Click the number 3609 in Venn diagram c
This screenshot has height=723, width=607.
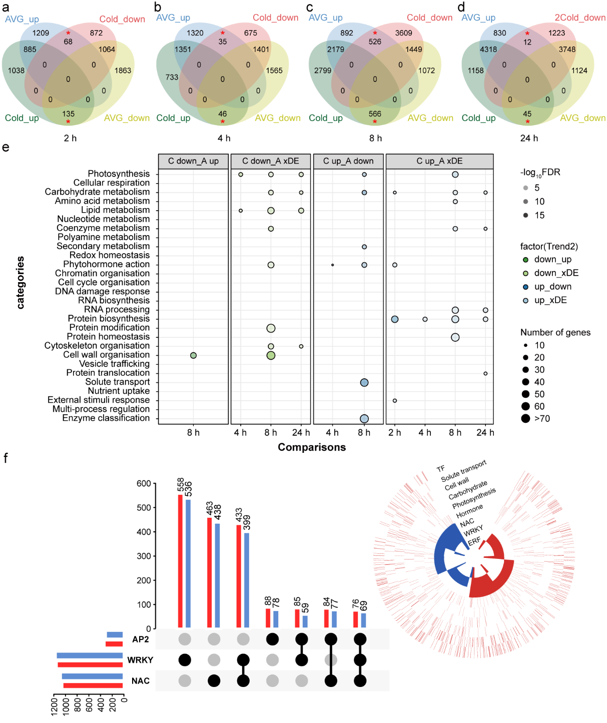[403, 33]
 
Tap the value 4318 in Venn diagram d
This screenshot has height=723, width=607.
[488, 50]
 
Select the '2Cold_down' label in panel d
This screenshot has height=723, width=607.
[580, 18]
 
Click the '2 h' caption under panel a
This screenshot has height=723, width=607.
[70, 138]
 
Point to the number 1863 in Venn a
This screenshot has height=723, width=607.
[123, 71]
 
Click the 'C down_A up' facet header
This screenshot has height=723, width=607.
[193, 161]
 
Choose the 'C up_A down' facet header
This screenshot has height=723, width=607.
[348, 161]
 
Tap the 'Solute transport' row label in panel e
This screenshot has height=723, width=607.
[117, 382]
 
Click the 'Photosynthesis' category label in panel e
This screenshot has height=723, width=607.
[119, 174]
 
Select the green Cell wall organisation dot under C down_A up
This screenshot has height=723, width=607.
[193, 355]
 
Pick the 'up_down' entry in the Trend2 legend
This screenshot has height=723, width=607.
[552, 287]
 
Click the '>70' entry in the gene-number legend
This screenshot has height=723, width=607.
[542, 419]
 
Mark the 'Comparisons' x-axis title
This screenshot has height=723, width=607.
[312, 447]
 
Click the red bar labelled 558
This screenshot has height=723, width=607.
[180, 560]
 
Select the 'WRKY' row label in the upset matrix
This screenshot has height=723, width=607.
[140, 660]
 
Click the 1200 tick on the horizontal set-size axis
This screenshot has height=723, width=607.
[55, 705]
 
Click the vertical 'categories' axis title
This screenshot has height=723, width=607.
[21, 283]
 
